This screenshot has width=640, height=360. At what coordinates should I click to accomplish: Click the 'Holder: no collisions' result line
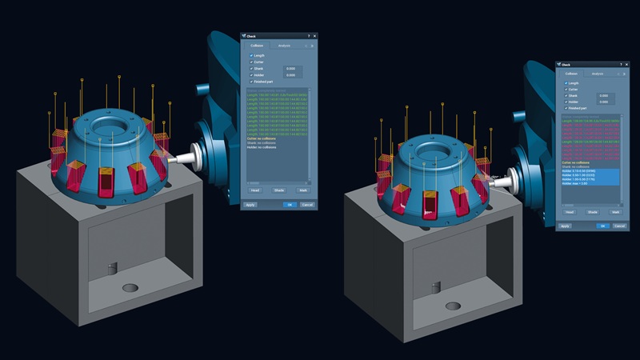(x=264, y=149)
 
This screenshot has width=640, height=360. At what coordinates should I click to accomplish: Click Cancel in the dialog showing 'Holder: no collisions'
(x=307, y=205)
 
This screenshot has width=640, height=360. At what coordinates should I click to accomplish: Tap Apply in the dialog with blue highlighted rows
(x=565, y=226)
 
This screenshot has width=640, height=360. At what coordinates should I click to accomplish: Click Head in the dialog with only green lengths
(x=255, y=190)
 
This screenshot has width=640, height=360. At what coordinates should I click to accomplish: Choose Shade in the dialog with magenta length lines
(x=593, y=212)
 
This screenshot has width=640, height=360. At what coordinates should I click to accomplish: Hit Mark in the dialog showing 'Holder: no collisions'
(x=302, y=190)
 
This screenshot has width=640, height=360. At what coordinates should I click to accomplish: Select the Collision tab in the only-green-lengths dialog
(x=257, y=46)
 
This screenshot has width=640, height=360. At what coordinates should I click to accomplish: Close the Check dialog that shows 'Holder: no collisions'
(x=314, y=36)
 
